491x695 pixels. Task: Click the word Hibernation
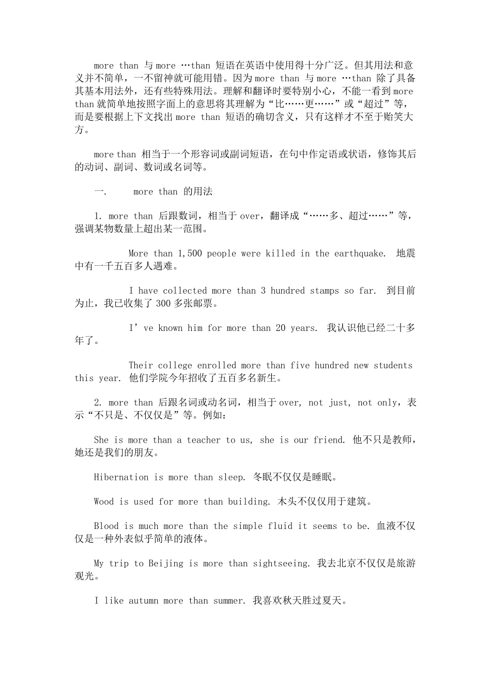coord(121,477)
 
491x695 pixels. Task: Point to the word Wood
coord(104,502)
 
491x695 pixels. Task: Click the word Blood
coord(106,526)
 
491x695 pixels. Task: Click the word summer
coord(229,601)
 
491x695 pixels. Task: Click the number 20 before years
coord(281,328)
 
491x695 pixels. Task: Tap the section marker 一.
coord(99,192)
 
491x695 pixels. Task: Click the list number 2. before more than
coord(99,403)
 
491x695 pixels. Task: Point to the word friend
coord(329,440)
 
